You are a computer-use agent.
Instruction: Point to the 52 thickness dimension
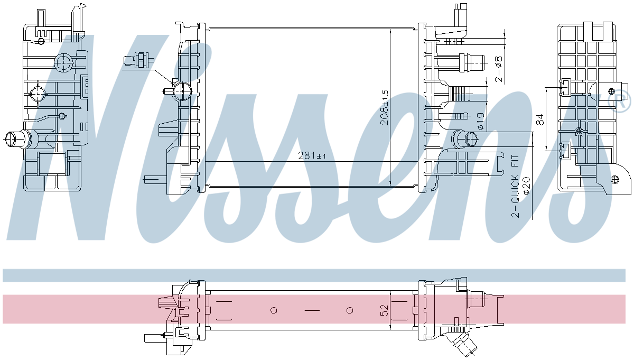coord(385,310)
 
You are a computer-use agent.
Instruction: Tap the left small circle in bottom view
coord(274,310)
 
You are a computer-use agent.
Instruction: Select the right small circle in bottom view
coord(350,310)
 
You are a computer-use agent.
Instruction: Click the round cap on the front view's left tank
coord(181,92)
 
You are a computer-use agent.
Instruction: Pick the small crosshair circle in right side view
coord(580,131)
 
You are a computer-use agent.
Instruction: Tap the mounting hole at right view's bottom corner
coord(614,179)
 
